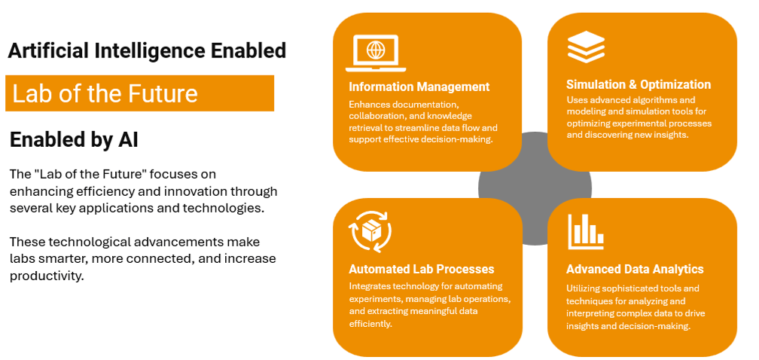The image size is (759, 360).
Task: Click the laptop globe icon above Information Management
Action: point(375,52)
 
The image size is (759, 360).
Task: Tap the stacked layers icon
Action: point(586,46)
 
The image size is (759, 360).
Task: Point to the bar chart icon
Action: point(586,231)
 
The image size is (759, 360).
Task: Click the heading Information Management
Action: point(419,87)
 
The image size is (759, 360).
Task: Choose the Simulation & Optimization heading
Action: point(639,84)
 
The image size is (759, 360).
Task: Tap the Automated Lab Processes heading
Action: point(421,269)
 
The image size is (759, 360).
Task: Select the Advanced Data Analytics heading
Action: point(635,269)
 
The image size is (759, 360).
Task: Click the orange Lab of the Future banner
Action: point(139,93)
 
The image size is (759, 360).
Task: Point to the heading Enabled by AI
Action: point(74,139)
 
